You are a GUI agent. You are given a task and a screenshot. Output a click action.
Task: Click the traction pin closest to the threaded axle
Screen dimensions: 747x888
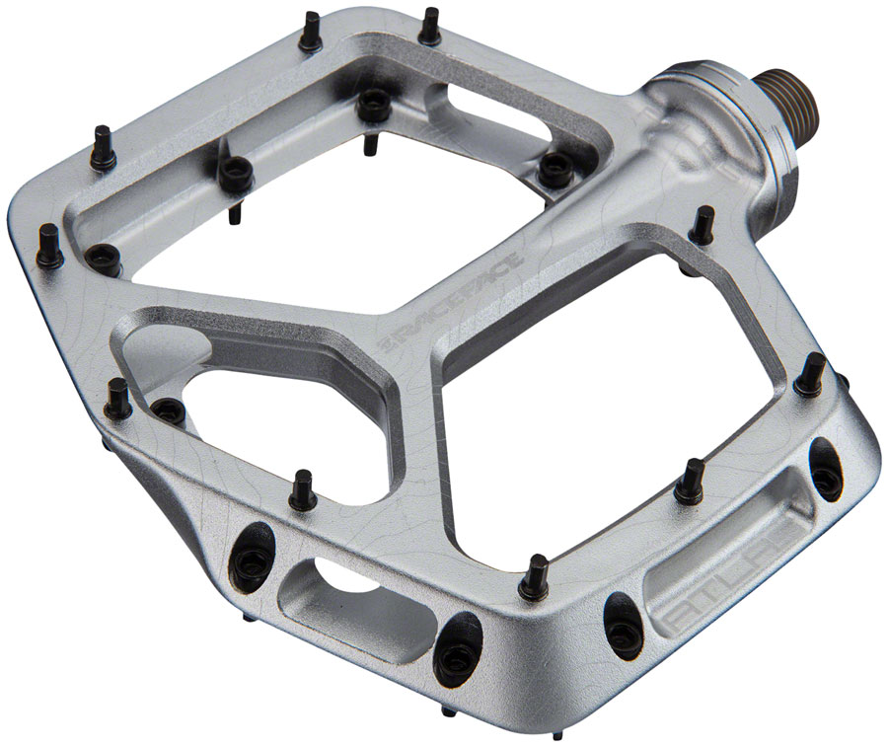(x=702, y=226)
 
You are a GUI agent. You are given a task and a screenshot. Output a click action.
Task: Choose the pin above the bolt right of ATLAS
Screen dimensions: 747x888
(x=811, y=373)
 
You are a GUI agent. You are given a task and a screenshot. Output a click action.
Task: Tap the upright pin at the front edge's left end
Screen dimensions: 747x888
(x=119, y=398)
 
